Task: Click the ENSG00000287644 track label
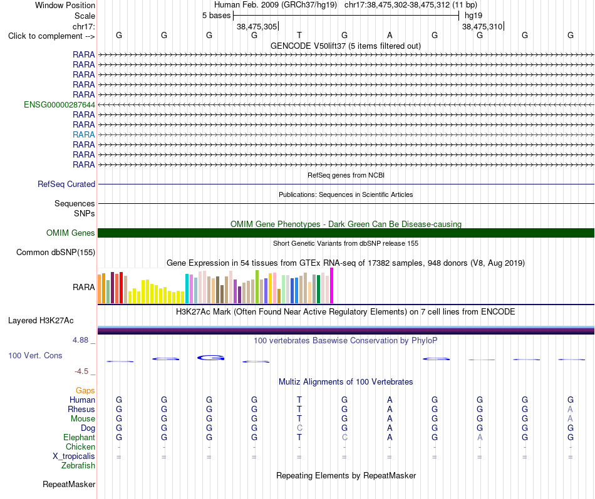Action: [x=59, y=104]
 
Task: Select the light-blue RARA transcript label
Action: [x=83, y=134]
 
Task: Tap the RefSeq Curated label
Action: [x=66, y=184]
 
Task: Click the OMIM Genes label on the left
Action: [x=71, y=233]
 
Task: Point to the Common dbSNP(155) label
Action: [x=56, y=253]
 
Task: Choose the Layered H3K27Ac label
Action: [x=41, y=321]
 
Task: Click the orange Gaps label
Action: [x=85, y=391]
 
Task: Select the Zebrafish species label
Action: [x=78, y=466]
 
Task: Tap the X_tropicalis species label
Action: [x=74, y=456]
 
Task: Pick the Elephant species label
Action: [x=79, y=438]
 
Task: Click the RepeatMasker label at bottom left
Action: [x=69, y=485]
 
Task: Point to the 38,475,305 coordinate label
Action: [x=257, y=26]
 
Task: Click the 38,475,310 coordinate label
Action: [x=482, y=26]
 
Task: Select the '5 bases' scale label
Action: [x=216, y=16]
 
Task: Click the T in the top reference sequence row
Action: [x=299, y=35]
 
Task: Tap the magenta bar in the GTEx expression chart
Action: [x=332, y=286]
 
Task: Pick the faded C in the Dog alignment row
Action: [x=299, y=428]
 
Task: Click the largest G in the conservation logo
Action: [x=211, y=358]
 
